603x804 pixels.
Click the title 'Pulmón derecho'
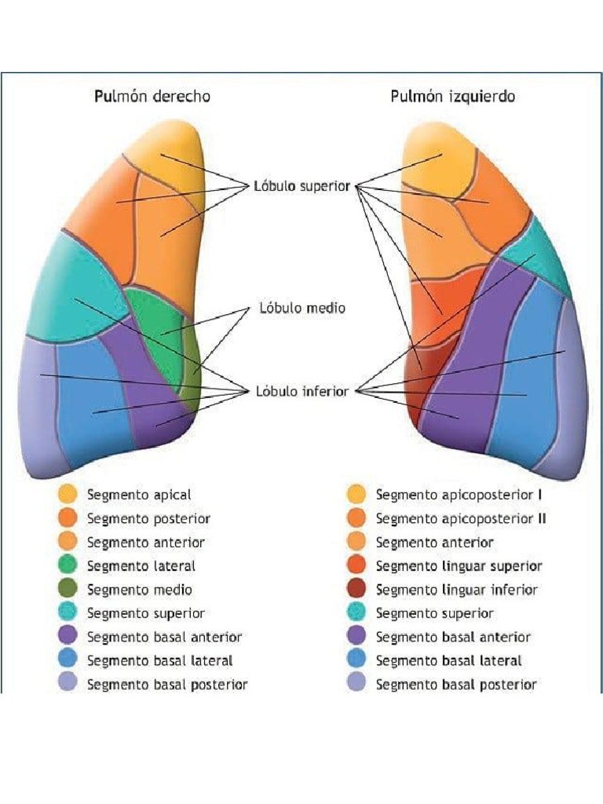click(x=152, y=97)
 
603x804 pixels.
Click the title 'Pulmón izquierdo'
click(x=453, y=97)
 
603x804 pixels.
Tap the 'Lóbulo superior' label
click(x=301, y=187)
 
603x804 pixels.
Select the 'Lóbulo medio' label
click(x=302, y=308)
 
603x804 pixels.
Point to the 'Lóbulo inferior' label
click(x=301, y=390)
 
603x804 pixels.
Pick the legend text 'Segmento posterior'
click(x=148, y=519)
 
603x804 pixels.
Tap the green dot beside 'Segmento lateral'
click(x=68, y=566)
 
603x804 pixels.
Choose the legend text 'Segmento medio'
click(x=139, y=590)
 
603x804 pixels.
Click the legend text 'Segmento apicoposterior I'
click(x=459, y=495)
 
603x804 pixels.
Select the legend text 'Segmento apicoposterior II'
click(x=461, y=519)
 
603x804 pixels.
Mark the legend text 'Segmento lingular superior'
click(x=459, y=566)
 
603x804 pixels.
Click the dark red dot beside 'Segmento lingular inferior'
click(x=356, y=590)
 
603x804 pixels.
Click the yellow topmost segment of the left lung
click(x=436, y=165)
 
